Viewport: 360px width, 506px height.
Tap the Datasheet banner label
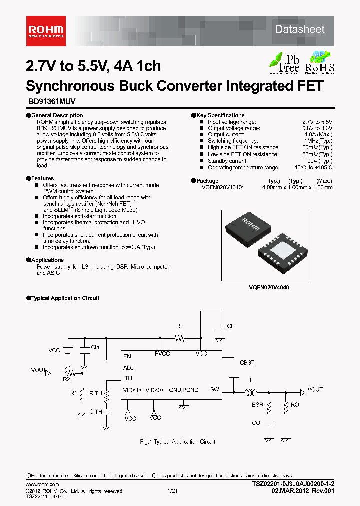click(x=299, y=30)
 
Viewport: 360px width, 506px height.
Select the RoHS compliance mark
click(x=319, y=62)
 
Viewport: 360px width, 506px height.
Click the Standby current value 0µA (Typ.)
click(x=319, y=161)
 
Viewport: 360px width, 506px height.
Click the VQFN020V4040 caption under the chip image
click(x=269, y=288)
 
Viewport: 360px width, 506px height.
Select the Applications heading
click(x=47, y=260)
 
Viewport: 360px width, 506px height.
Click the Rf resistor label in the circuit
click(x=179, y=326)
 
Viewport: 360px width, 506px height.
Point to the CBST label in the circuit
click(x=247, y=363)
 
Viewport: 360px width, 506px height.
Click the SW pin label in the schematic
click(x=214, y=390)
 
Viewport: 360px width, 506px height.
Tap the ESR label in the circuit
click(x=258, y=405)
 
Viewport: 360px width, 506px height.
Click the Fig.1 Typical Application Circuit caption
click(x=177, y=442)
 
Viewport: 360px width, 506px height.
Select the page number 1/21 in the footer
click(x=173, y=491)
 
